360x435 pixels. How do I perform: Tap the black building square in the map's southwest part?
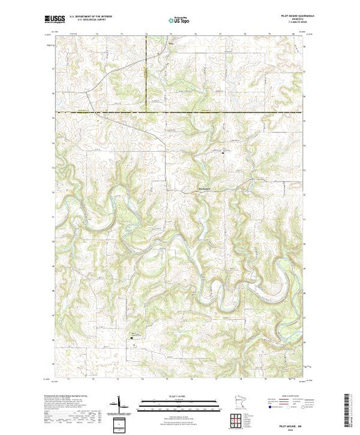coord(134,338)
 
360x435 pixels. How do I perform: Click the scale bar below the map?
coord(180,403)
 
